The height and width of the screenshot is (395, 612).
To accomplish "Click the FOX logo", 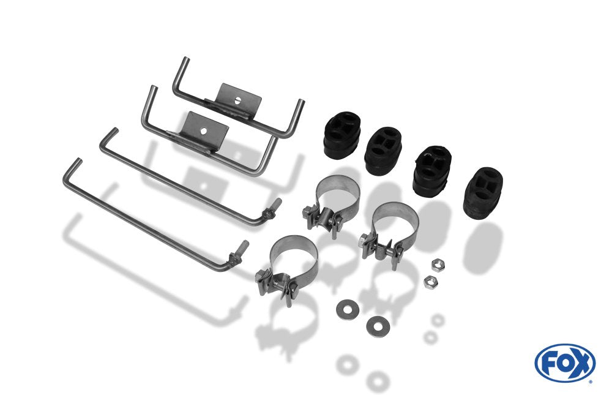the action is click(x=565, y=363).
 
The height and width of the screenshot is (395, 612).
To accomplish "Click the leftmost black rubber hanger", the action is click(x=342, y=135).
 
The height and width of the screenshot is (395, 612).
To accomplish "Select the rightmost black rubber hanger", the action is click(x=483, y=193).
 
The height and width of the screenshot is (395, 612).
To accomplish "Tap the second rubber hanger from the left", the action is click(x=383, y=151).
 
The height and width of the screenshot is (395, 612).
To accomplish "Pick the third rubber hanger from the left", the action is click(x=433, y=171).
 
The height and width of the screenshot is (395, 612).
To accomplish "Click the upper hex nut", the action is click(x=439, y=266).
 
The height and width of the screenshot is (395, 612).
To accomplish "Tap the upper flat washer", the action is click(x=348, y=309).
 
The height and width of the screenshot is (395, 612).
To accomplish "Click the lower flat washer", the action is click(x=378, y=326).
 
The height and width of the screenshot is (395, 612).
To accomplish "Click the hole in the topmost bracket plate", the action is click(x=237, y=100).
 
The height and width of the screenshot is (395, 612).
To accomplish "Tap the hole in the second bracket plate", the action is click(x=203, y=131).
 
